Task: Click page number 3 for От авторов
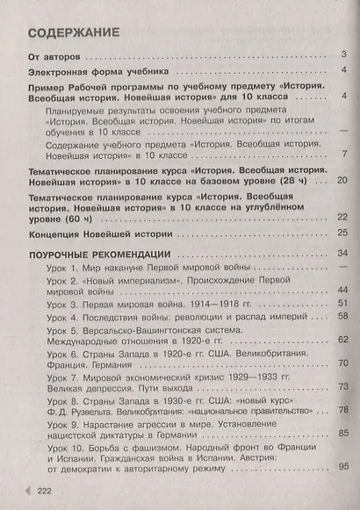click(x=343, y=55)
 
